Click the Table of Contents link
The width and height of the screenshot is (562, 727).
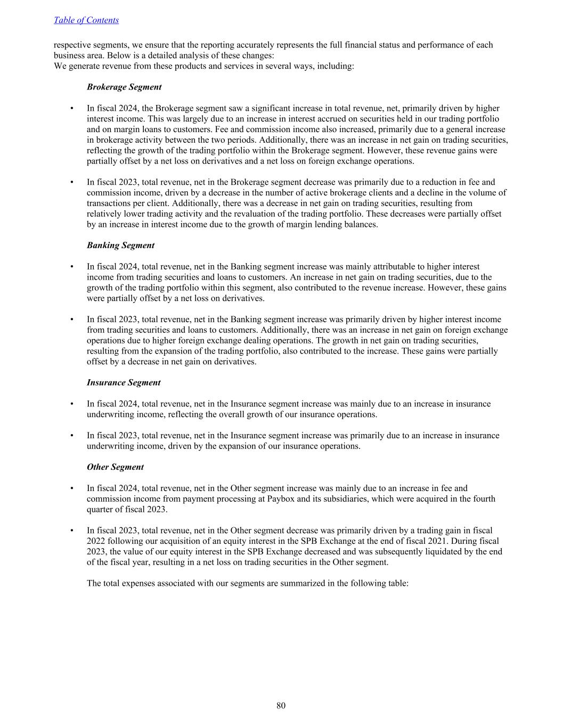pos(86,20)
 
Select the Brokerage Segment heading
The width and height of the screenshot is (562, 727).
pos(124,87)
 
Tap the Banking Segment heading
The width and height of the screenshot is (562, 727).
pos(120,246)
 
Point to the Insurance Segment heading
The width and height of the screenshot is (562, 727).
pos(124,382)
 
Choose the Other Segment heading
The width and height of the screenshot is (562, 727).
pos(115,467)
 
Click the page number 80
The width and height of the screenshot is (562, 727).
pos(281,706)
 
